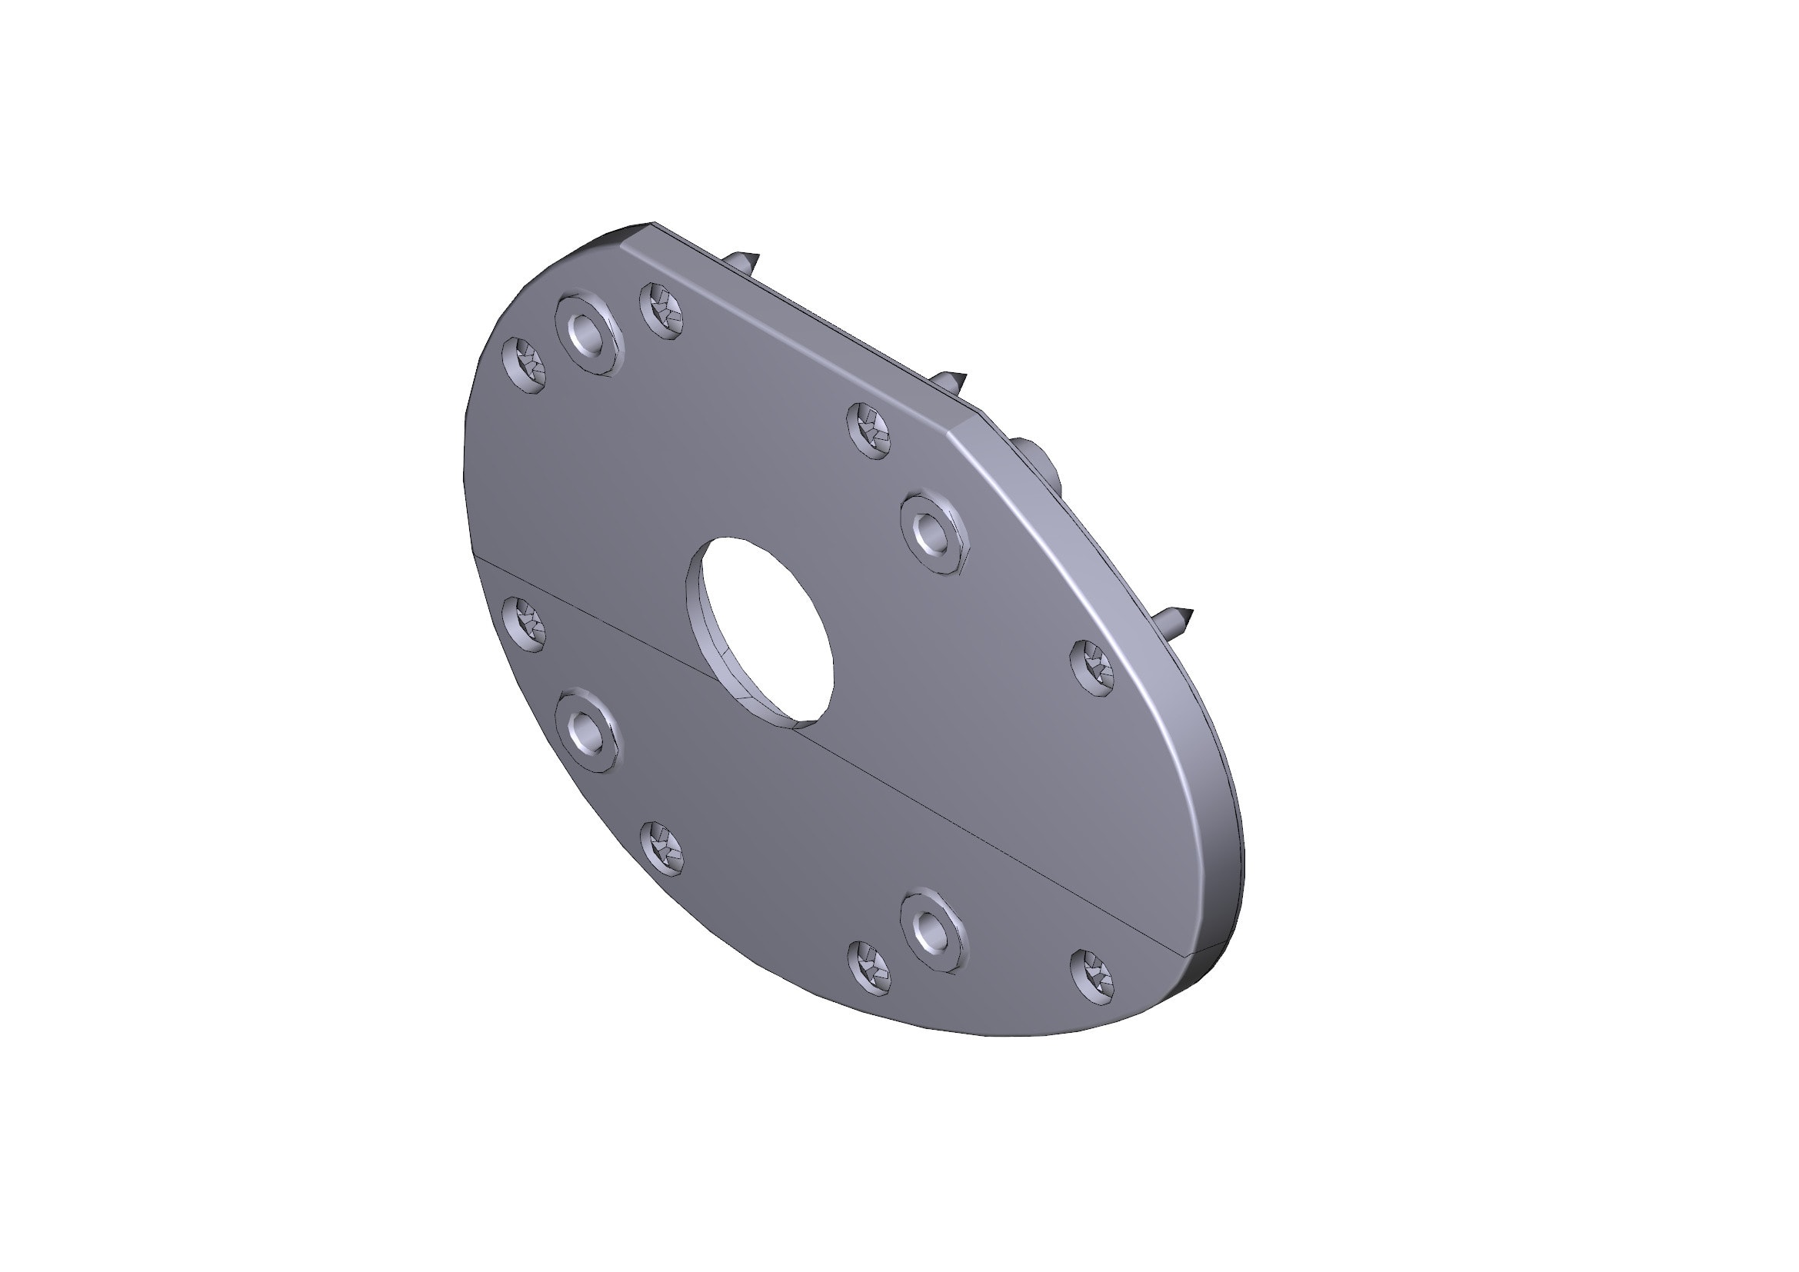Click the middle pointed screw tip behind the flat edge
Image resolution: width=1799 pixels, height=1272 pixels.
(952, 381)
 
